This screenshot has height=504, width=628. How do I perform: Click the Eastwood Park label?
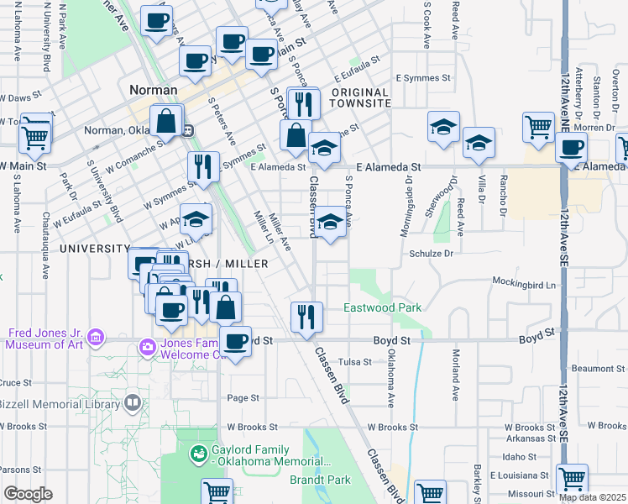(x=383, y=308)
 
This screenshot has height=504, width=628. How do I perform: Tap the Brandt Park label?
(x=349, y=480)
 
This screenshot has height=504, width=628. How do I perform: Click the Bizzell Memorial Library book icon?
(x=132, y=404)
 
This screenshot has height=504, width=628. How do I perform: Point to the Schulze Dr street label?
(x=432, y=253)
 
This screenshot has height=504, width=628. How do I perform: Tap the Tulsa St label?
(x=354, y=362)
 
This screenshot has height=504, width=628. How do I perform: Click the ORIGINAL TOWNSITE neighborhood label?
(x=360, y=97)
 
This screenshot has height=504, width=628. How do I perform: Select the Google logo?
(x=28, y=494)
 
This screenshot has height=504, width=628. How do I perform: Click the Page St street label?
(x=241, y=397)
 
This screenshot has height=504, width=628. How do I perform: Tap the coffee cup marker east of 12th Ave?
(x=572, y=148)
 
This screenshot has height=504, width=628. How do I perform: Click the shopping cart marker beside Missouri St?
(x=572, y=479)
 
